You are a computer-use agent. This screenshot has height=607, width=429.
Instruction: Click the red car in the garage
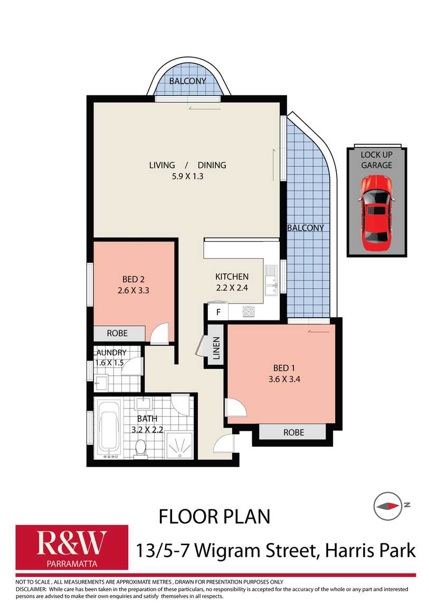click(377, 214)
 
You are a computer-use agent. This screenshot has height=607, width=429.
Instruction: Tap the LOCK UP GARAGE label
click(377, 160)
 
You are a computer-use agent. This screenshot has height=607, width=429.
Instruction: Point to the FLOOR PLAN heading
click(214, 516)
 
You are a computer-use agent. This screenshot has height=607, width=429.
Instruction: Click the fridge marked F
click(217, 312)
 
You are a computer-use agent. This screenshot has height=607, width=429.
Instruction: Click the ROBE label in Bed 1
click(293, 432)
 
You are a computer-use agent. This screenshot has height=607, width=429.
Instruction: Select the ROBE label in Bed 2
click(117, 334)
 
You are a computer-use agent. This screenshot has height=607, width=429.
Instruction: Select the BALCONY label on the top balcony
click(187, 81)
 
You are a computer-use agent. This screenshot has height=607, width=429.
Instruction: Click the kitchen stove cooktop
click(248, 312)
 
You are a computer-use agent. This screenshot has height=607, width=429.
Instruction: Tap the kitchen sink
click(272, 280)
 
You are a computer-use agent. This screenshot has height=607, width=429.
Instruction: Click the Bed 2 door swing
click(159, 333)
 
